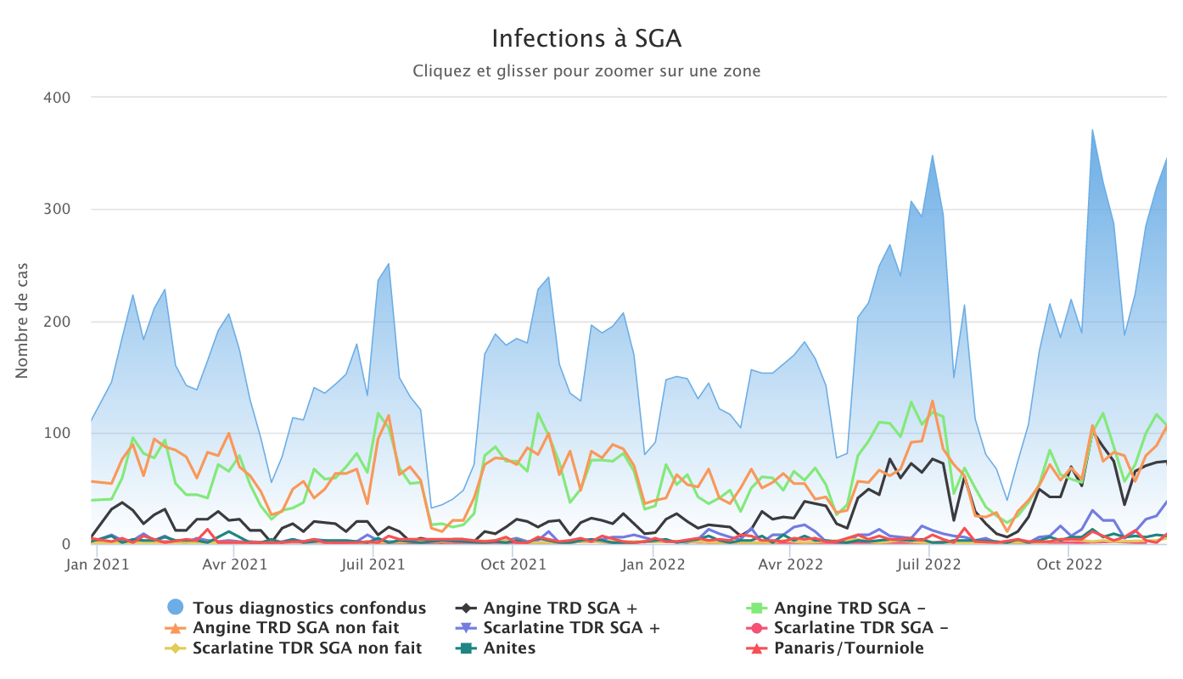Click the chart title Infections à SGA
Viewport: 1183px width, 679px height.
point(586,38)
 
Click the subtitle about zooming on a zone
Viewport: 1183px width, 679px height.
point(586,71)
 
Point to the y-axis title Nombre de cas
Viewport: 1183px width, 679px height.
point(22,321)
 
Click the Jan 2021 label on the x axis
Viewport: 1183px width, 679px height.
point(97,562)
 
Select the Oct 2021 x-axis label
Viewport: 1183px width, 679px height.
point(514,562)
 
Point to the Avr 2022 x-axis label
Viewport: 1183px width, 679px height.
point(789,562)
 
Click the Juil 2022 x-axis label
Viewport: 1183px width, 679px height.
point(929,562)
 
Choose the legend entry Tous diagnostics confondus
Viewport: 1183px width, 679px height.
point(309,608)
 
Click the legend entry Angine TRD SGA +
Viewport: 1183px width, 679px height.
point(560,608)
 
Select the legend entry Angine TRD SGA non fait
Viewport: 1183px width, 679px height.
point(296,628)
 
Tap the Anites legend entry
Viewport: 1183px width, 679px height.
point(509,648)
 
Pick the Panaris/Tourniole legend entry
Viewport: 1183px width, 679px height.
point(849,648)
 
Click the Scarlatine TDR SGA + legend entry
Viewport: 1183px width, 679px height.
point(571,628)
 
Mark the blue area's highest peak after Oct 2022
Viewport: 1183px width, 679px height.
point(1093,130)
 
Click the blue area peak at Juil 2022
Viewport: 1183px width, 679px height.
point(933,155)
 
